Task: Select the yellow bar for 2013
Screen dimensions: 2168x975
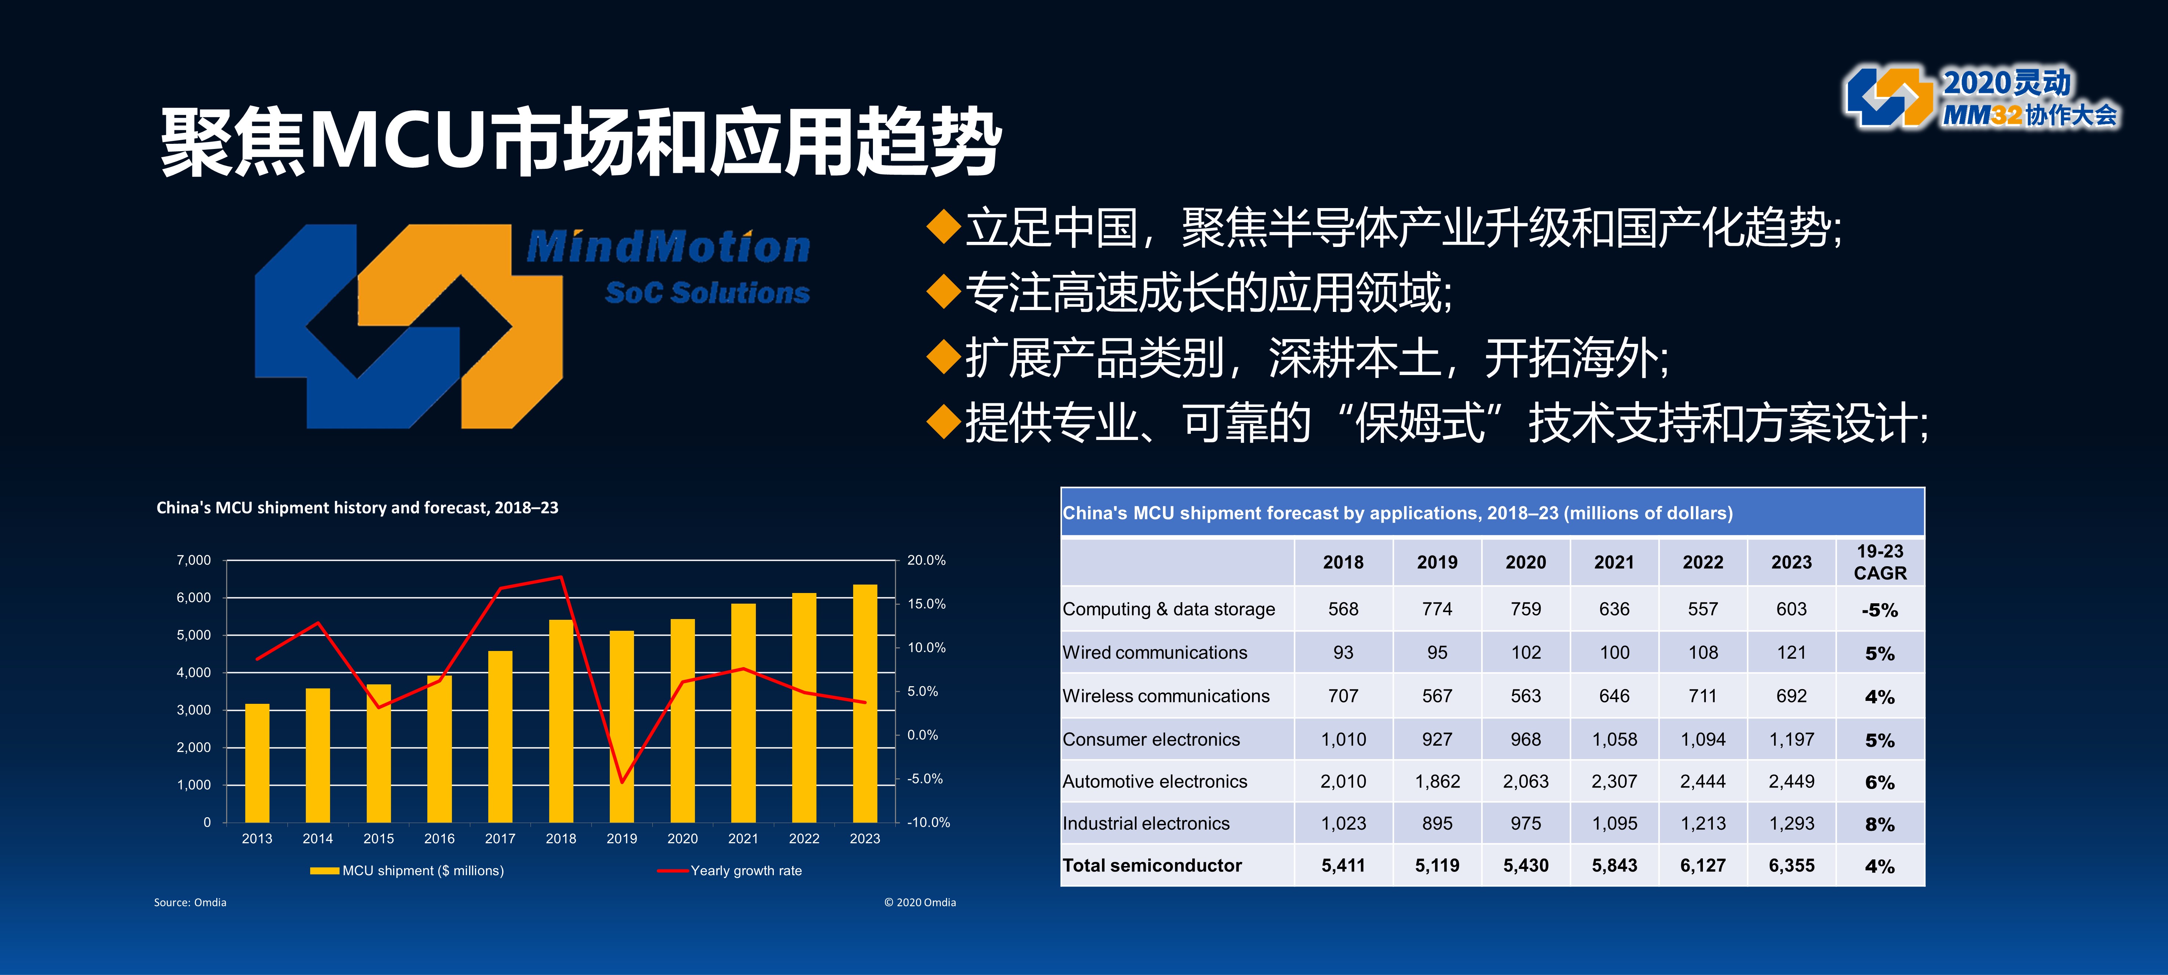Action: (x=257, y=763)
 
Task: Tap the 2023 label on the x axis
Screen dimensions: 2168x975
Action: (x=864, y=839)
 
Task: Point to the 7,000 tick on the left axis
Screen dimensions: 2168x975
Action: (x=193, y=560)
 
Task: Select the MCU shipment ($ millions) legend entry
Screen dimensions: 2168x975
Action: (x=407, y=871)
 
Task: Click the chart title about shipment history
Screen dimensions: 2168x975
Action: (x=357, y=507)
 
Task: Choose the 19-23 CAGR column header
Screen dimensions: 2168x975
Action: (x=1880, y=562)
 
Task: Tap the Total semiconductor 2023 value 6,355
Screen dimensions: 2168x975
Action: (x=1792, y=866)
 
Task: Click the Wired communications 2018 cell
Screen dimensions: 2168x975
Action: (x=1343, y=653)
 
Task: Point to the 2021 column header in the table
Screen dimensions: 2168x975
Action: (x=1614, y=562)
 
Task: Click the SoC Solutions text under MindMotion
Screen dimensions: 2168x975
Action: (x=707, y=293)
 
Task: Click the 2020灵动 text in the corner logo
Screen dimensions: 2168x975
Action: (x=2006, y=83)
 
